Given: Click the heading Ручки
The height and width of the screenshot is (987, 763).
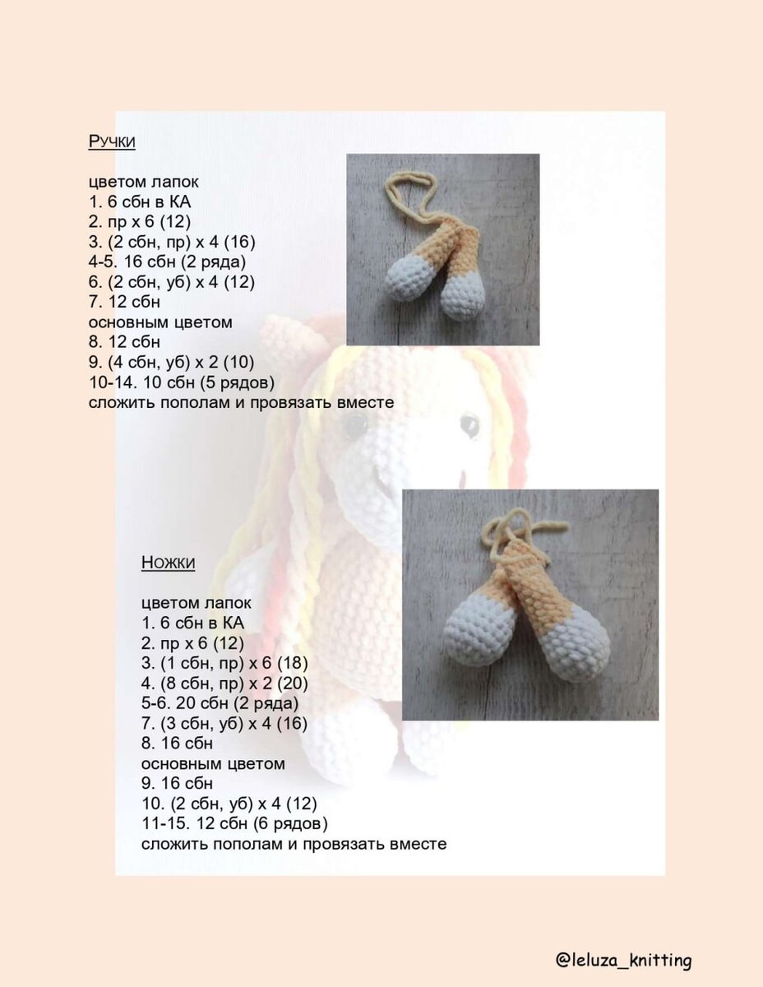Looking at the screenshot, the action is click(112, 141).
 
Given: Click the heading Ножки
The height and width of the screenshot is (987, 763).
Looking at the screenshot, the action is click(168, 563).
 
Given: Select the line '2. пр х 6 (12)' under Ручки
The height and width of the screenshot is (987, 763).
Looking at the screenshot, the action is click(140, 221).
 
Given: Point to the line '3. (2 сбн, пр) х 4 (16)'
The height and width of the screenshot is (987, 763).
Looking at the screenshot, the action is click(172, 242).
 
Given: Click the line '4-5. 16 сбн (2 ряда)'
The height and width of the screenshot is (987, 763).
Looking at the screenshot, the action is click(167, 262).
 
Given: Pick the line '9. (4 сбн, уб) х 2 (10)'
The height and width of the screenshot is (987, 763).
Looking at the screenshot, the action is click(172, 362).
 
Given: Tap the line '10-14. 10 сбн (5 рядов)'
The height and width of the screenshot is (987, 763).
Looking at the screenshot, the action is click(182, 382).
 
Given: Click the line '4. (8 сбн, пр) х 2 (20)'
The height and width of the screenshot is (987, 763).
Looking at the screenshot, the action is click(224, 683).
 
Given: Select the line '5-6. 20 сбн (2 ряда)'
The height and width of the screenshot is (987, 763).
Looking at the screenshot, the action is click(220, 702).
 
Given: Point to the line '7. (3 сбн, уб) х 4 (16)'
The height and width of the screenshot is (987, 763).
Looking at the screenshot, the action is click(224, 723).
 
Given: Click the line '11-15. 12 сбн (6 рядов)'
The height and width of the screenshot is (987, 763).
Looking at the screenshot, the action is click(234, 823).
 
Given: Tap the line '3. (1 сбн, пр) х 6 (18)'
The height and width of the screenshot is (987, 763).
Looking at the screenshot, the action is click(224, 663).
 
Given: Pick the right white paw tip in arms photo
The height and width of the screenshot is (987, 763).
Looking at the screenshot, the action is click(463, 298).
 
